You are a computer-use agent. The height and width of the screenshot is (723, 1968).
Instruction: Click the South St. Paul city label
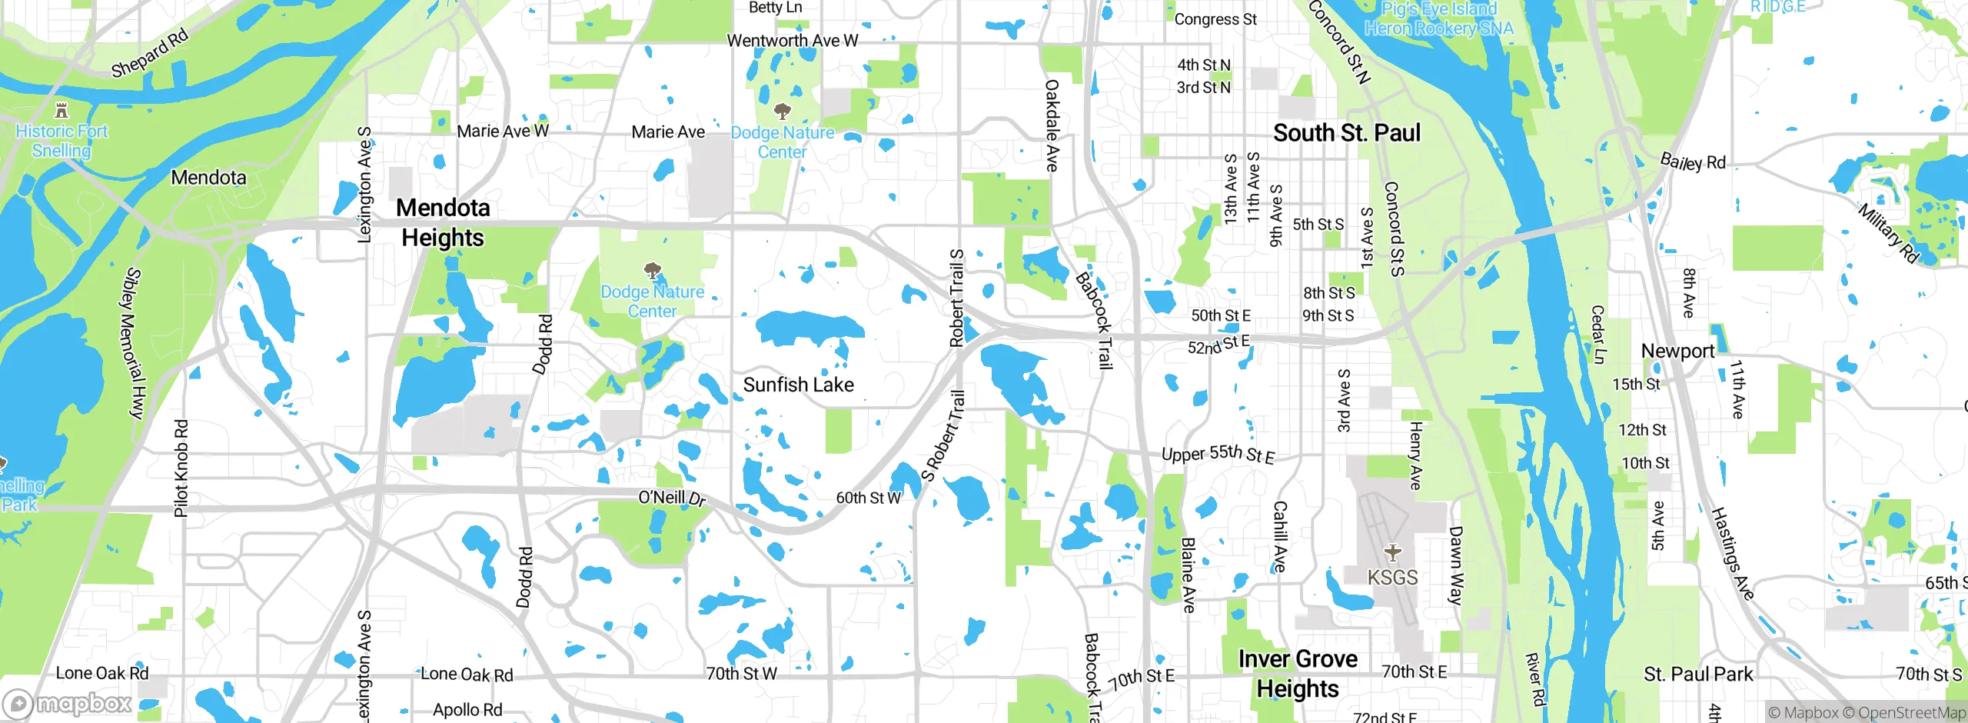click(1347, 132)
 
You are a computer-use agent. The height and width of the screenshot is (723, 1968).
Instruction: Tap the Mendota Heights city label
click(443, 222)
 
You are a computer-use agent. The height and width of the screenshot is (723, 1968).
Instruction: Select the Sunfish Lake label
click(798, 385)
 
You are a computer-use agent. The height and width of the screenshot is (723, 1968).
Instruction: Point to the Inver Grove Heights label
click(1298, 674)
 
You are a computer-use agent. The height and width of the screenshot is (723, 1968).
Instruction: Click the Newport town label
click(1677, 351)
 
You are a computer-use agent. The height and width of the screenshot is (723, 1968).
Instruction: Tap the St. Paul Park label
click(1698, 675)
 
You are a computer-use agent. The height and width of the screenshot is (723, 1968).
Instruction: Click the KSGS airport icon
click(1392, 553)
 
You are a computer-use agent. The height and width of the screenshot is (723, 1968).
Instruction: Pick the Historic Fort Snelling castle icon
click(62, 110)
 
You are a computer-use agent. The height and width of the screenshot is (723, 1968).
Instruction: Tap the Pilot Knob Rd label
click(181, 468)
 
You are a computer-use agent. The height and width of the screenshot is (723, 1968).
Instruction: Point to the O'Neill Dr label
click(672, 498)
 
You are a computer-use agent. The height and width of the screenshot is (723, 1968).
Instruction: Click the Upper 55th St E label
click(1218, 454)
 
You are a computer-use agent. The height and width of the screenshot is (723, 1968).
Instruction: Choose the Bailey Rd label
click(1693, 162)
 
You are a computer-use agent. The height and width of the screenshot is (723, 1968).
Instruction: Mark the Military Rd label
click(1888, 232)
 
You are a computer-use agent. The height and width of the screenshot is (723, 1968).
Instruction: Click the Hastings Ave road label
click(1733, 554)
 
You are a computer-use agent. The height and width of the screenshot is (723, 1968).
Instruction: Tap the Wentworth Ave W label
click(792, 40)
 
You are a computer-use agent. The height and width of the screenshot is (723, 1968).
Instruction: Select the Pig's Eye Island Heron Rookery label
click(1438, 19)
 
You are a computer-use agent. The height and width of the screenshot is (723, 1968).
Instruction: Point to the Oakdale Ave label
click(1052, 125)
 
